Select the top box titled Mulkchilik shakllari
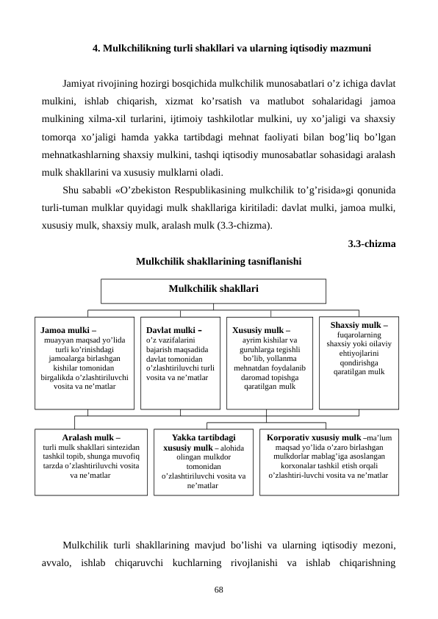click(x=213, y=290)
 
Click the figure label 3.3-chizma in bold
click(x=371, y=243)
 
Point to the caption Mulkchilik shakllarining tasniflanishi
click(x=218, y=260)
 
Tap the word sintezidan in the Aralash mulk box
click(x=119, y=447)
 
